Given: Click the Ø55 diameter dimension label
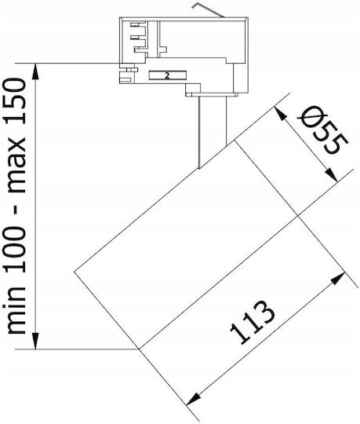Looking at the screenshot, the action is [x=322, y=131].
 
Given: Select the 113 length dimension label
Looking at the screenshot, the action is [x=253, y=323].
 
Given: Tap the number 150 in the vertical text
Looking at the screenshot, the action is [x=16, y=101].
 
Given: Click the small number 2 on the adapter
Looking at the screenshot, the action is [x=167, y=75].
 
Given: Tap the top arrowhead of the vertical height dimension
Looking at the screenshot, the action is [x=35, y=71].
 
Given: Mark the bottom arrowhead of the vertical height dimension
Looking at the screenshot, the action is [x=35, y=341].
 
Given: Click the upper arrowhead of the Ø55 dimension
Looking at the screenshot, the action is [x=280, y=113].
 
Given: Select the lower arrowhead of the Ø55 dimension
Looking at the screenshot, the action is [x=332, y=175].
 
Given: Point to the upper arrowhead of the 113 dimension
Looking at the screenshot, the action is [x=338, y=278].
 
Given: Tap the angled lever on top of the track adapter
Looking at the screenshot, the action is [x=207, y=10].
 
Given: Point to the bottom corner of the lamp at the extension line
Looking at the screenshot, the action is [x=139, y=349].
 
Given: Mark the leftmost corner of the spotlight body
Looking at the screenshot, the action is [x=75, y=271].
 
